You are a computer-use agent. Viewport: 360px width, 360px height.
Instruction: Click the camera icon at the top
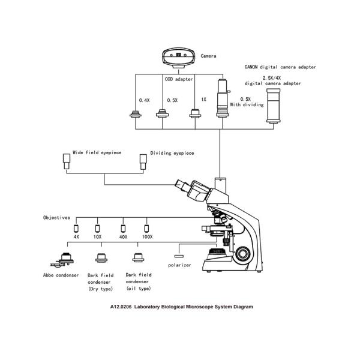pyautogui.click(x=179, y=57)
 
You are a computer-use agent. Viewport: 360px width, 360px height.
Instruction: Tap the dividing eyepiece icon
pyautogui.click(x=142, y=160)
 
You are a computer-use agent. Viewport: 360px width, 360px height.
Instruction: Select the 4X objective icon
pyautogui.click(x=76, y=228)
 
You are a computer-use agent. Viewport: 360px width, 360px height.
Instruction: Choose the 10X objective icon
pyautogui.click(x=98, y=228)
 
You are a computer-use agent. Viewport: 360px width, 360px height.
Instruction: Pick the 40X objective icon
pyautogui.click(x=123, y=228)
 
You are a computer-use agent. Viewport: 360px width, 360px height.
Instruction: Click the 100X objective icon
pyautogui.click(x=145, y=228)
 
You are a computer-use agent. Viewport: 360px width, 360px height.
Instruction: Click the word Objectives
pyautogui.click(x=56, y=217)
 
